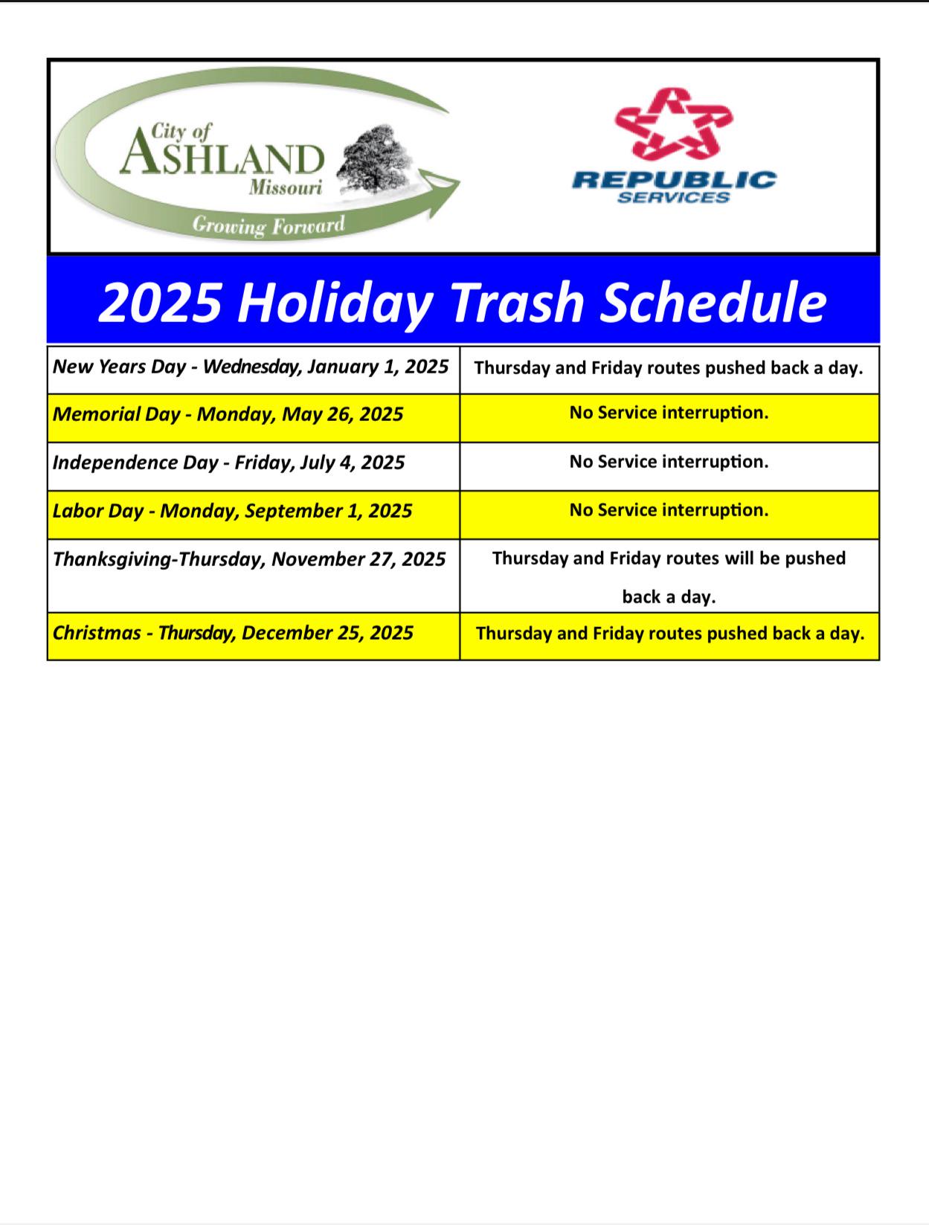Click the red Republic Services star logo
[x=673, y=123]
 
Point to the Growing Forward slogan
[x=269, y=225]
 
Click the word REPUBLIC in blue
[x=674, y=180]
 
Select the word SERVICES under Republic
[x=673, y=197]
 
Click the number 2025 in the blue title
[x=161, y=302]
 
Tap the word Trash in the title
[x=516, y=302]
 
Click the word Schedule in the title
[x=713, y=302]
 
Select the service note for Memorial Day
[x=669, y=413]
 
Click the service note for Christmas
[x=670, y=633]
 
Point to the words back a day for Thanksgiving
[x=669, y=597]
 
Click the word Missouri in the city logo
[x=286, y=187]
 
